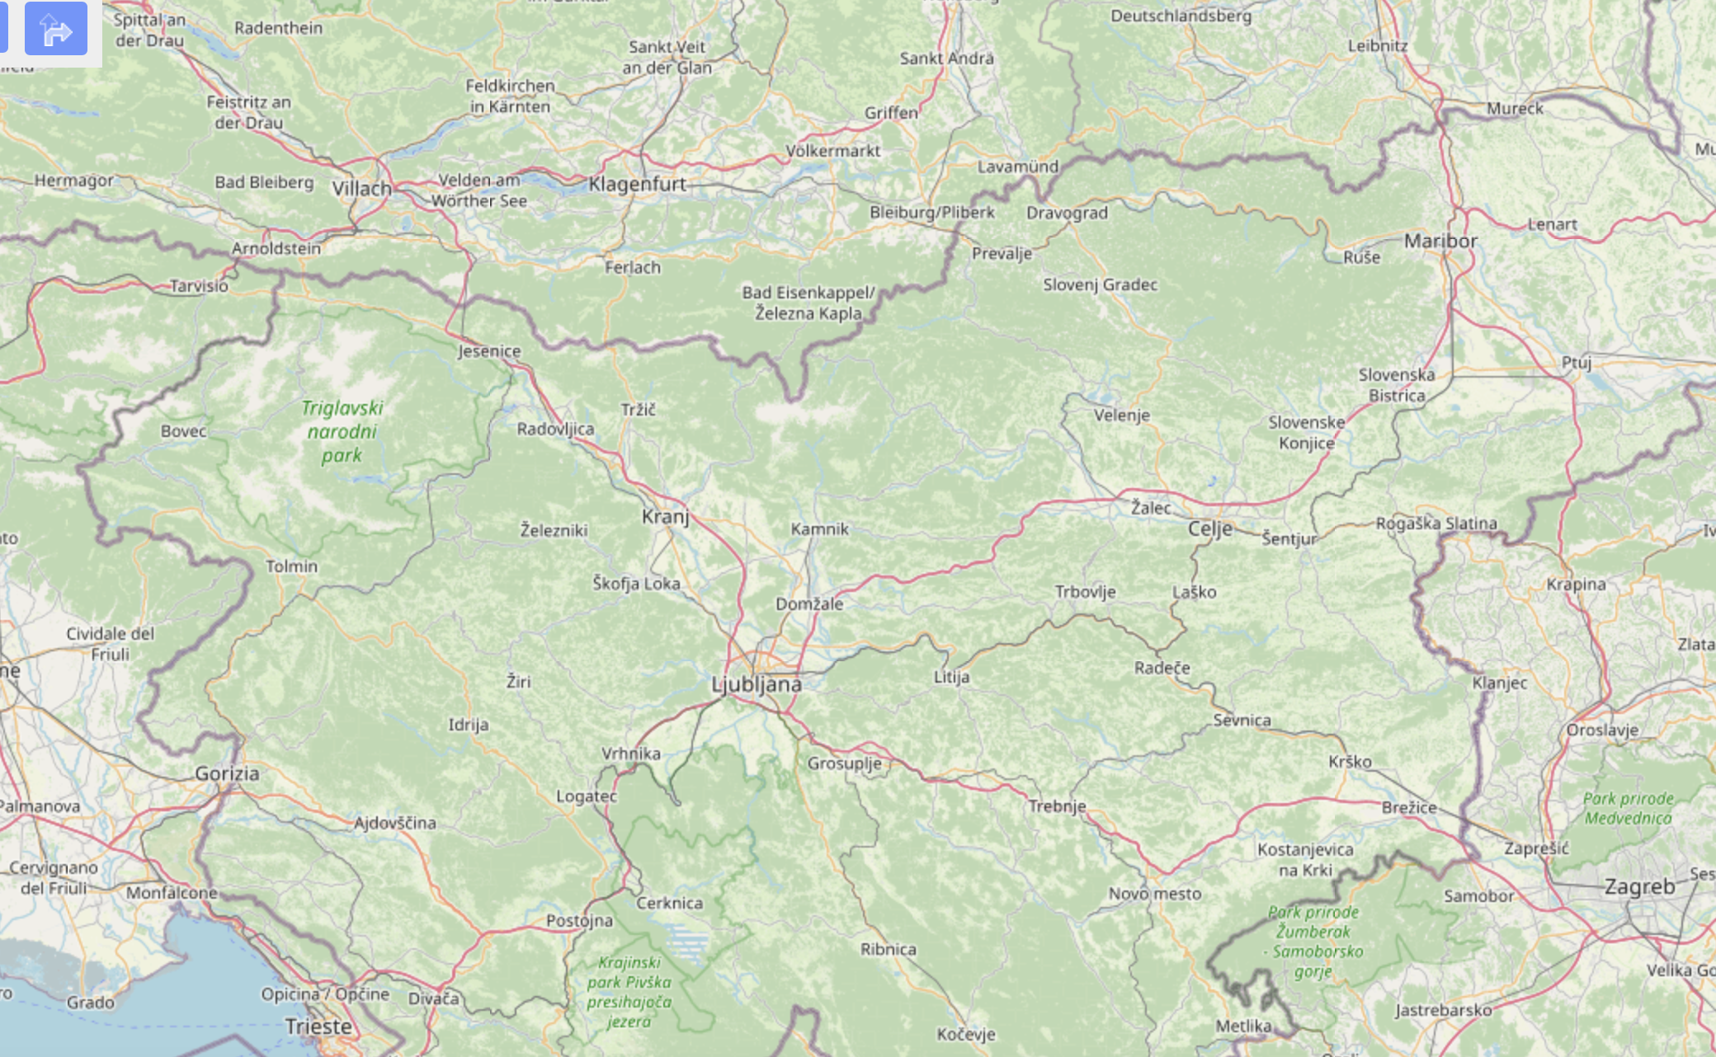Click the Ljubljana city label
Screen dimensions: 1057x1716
[x=756, y=684]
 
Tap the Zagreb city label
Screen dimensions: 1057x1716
[x=1639, y=887]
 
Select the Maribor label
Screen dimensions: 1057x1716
[x=1440, y=241]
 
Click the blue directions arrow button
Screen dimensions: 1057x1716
[x=56, y=29]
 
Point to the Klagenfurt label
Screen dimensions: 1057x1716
[x=637, y=184]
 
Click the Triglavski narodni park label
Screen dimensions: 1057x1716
[x=342, y=431]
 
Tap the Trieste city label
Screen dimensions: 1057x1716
[x=318, y=1026]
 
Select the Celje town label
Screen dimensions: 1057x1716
[x=1209, y=528]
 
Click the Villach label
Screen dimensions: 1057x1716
[x=361, y=189]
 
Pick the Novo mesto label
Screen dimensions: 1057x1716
[x=1154, y=894]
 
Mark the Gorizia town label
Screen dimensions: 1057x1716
[x=227, y=773]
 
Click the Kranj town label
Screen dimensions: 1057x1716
[x=665, y=517]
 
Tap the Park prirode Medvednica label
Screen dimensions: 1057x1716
[x=1628, y=808]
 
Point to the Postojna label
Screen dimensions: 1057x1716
[x=579, y=920]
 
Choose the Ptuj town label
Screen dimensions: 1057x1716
[x=1576, y=363]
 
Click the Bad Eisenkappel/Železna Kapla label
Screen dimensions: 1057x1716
[x=808, y=303]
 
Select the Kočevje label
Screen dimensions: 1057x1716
[x=965, y=1034]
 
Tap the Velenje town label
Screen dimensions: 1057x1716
[x=1121, y=415]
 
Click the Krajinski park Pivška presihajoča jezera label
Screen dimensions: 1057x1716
[x=629, y=992]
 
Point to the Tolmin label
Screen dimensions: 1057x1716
[x=291, y=566]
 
